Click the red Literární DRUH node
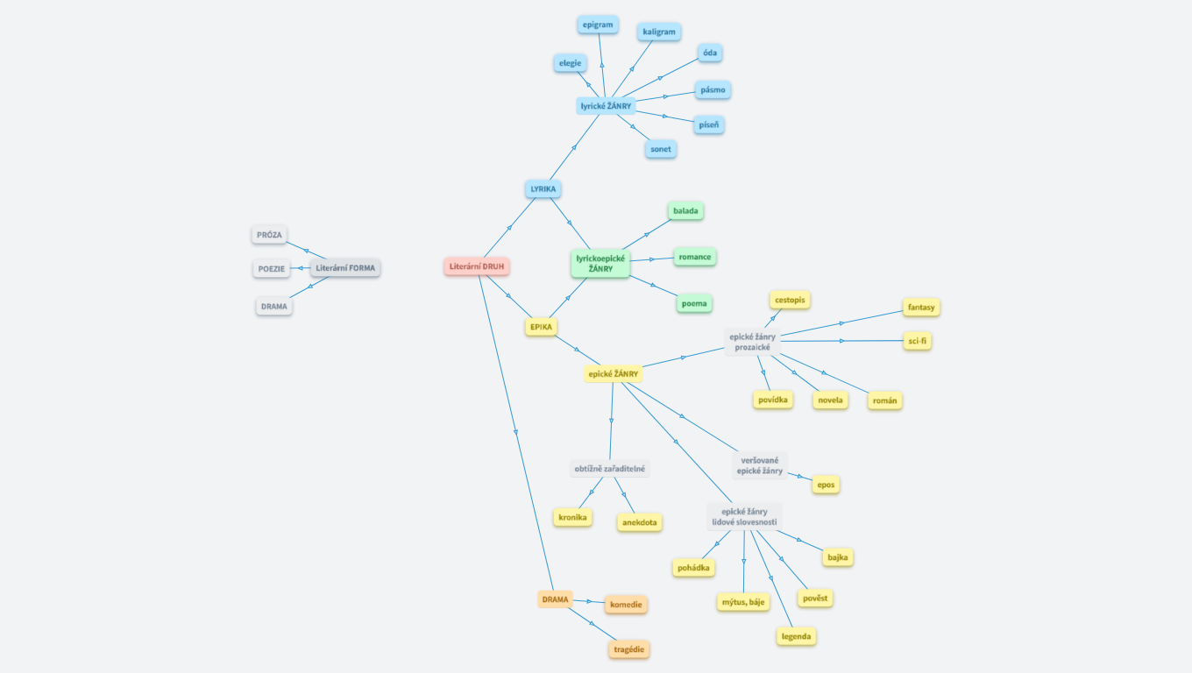pyautogui.click(x=476, y=266)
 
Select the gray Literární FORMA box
pyautogui.click(x=345, y=268)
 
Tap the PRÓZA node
pyautogui.click(x=270, y=235)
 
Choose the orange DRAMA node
pyautogui.click(x=555, y=600)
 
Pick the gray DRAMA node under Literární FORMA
pyautogui.click(x=273, y=307)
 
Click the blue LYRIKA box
pyautogui.click(x=543, y=188)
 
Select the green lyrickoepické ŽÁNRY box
pyautogui.click(x=600, y=263)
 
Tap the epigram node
pyautogui.click(x=598, y=25)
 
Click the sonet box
pyautogui.click(x=661, y=149)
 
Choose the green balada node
pyautogui.click(x=685, y=211)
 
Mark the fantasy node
pyautogui.click(x=921, y=308)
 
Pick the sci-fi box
pyautogui.click(x=917, y=341)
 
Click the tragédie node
pyautogui.click(x=630, y=649)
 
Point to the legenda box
pyautogui.click(x=796, y=636)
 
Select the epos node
pyautogui.click(x=826, y=485)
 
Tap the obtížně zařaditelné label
pyautogui.click(x=610, y=469)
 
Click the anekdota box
pyautogui.click(x=640, y=523)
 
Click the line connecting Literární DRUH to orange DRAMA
pyautogui.click(x=515, y=432)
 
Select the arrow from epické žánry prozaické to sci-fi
pyautogui.click(x=841, y=340)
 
